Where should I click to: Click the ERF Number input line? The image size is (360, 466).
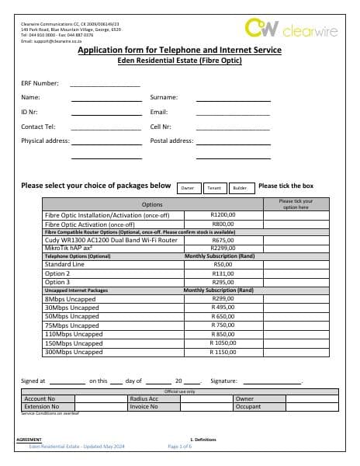tap(105, 85)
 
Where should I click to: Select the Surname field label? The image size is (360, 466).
tap(164, 98)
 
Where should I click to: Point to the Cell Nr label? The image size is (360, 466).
tap(161, 127)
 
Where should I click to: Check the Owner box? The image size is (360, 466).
tap(187, 188)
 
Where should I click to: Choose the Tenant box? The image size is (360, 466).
tap(213, 188)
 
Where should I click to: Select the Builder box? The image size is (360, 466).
tap(240, 188)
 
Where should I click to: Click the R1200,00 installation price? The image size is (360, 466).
tap(223, 215)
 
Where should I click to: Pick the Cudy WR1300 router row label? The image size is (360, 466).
tap(101, 240)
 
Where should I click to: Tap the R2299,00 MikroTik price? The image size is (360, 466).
tap(223, 248)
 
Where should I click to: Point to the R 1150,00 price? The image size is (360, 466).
tap(223, 352)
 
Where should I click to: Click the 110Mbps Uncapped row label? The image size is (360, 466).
tap(74, 334)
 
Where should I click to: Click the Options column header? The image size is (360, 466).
tap(152, 203)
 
